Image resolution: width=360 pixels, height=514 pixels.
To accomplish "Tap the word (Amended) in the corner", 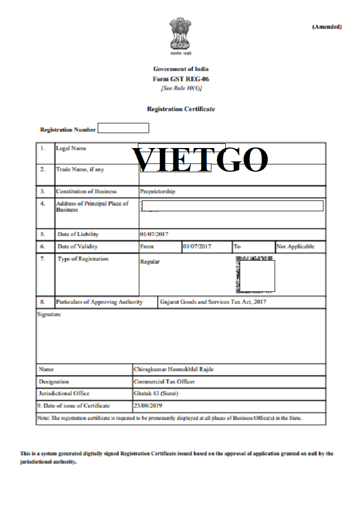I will (x=327, y=27).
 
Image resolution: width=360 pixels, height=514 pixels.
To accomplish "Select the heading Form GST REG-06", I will (x=181, y=79).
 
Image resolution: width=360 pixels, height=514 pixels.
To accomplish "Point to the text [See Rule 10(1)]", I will (x=181, y=88).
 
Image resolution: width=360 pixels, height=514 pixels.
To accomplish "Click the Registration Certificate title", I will (x=181, y=109).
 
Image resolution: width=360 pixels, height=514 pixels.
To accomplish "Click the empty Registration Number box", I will (x=123, y=128).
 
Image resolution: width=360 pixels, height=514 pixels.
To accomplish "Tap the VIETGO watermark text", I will (x=201, y=159).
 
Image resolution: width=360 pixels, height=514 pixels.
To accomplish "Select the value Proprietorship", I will (x=157, y=192).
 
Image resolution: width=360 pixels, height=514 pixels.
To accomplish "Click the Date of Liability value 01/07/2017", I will (x=154, y=234).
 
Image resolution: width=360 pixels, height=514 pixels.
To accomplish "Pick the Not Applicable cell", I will (x=295, y=247).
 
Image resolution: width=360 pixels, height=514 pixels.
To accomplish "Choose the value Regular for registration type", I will (x=150, y=262).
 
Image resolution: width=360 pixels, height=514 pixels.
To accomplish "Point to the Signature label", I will (x=49, y=314).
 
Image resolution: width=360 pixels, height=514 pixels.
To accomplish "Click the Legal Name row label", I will (x=71, y=149).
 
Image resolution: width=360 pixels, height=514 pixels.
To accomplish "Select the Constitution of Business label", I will (x=86, y=192).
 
